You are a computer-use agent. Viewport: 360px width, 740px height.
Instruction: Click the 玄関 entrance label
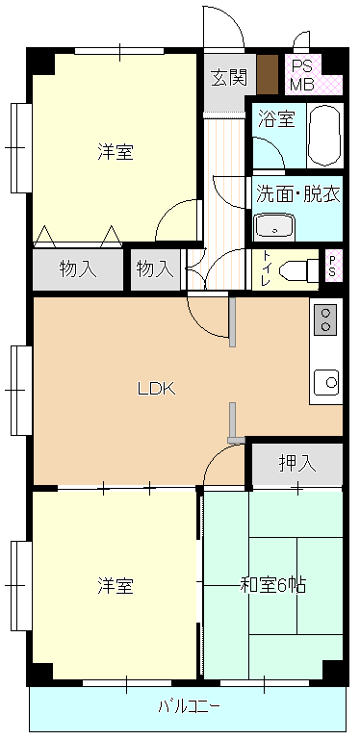point(229,78)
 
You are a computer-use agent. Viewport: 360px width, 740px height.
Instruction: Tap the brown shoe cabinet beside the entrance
point(268,74)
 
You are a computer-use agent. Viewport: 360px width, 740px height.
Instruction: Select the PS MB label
point(299,75)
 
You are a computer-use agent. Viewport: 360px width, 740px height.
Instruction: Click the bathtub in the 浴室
point(324,135)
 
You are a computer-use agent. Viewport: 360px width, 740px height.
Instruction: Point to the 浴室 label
point(276,118)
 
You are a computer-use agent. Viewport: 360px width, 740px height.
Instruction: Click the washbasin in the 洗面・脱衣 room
point(274,227)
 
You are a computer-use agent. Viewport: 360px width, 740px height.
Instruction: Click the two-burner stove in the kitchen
point(325,319)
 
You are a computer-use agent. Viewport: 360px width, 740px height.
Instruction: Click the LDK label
point(157,389)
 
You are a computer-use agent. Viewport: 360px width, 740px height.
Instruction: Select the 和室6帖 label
point(273,585)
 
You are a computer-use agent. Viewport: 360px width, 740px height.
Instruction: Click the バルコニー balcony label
point(189,706)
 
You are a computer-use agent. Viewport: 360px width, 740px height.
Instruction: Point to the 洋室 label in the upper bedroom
point(116,152)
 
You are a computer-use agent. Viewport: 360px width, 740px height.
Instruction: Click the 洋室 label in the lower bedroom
point(116,586)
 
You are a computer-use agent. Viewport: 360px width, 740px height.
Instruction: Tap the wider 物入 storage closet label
point(78,269)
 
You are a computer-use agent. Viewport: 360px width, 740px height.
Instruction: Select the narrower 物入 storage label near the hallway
point(155,269)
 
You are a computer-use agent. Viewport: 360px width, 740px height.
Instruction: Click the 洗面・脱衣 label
point(297,194)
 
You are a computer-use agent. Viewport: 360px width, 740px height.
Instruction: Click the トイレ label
point(267,269)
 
